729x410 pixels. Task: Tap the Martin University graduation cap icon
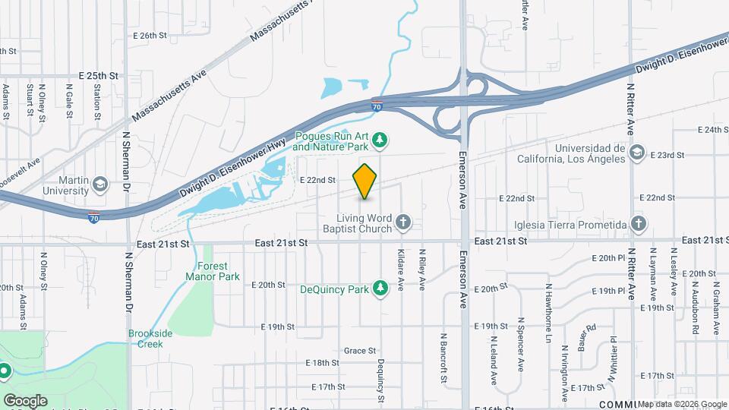tap(99, 184)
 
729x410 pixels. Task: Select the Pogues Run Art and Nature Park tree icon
tap(382, 140)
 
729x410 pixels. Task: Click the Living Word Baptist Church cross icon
tap(403, 222)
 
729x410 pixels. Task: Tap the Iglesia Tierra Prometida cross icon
tap(639, 224)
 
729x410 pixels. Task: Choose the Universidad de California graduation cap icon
tap(637, 153)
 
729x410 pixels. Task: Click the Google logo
tap(25, 400)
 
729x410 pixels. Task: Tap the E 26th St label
tap(149, 36)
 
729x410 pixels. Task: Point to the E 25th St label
tap(99, 77)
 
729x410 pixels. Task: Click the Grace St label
tap(360, 351)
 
